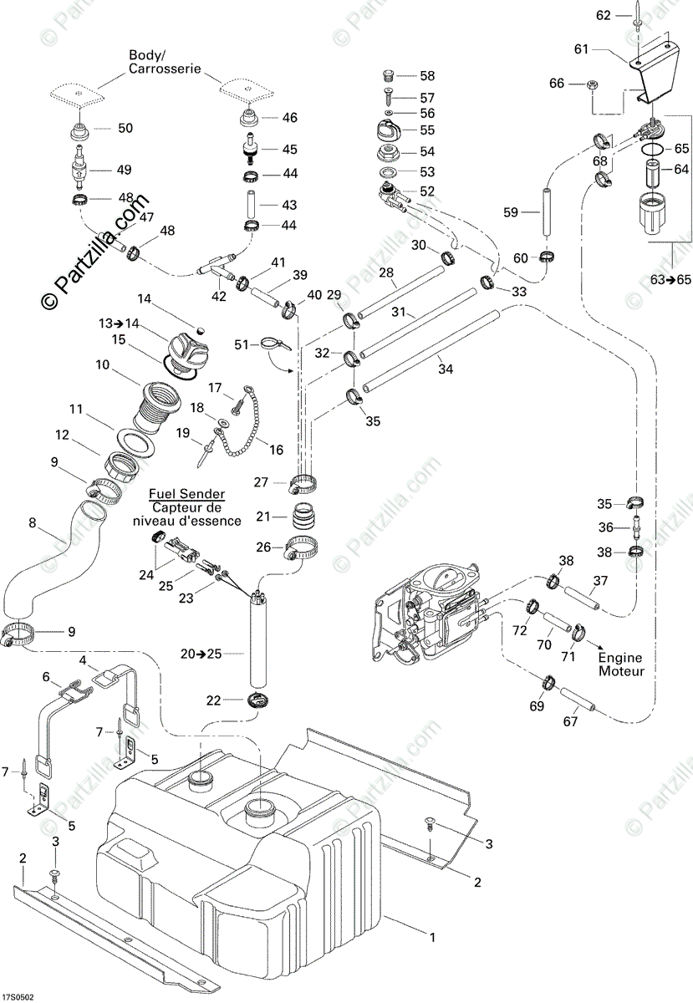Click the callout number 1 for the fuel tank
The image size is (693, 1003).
click(432, 938)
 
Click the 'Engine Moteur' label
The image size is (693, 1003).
click(621, 664)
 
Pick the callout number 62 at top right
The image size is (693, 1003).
click(604, 15)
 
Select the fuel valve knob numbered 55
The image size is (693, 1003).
click(388, 132)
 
